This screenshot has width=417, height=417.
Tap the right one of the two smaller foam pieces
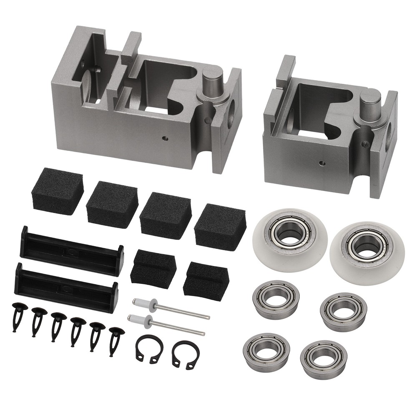click(x=206, y=280)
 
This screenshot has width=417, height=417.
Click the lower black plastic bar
click(x=67, y=287)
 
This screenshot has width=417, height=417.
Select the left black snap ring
click(x=149, y=349)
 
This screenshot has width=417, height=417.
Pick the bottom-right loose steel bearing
click(x=324, y=359)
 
